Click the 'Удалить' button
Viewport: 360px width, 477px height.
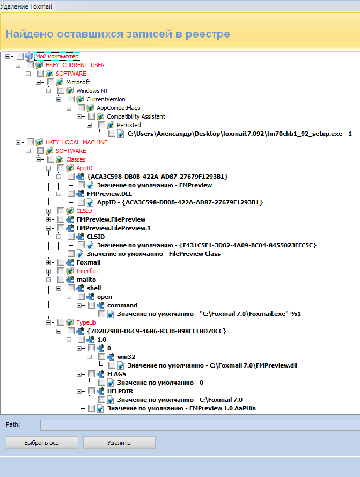tap(119, 443)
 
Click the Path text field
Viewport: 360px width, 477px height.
tap(199, 425)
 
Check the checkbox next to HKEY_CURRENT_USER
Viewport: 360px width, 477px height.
tap(31, 65)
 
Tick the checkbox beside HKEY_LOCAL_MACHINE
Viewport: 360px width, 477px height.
tap(31, 142)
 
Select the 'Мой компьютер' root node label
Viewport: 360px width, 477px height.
tap(57, 56)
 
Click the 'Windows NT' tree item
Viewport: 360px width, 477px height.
tap(92, 91)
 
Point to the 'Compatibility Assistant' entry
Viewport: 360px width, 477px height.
tap(136, 116)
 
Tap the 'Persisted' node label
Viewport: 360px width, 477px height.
tap(129, 125)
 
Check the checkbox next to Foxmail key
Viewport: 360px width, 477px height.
tap(61, 262)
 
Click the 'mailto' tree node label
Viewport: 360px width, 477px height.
tap(86, 280)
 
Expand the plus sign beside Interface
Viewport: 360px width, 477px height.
tap(49, 271)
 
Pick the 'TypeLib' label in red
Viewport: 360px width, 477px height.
tap(87, 322)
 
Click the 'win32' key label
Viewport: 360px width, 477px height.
tap(127, 357)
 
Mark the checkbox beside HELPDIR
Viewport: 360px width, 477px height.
tap(92, 391)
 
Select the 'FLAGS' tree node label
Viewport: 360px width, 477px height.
tap(116, 374)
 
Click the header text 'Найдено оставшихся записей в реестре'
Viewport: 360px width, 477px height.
tap(117, 34)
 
